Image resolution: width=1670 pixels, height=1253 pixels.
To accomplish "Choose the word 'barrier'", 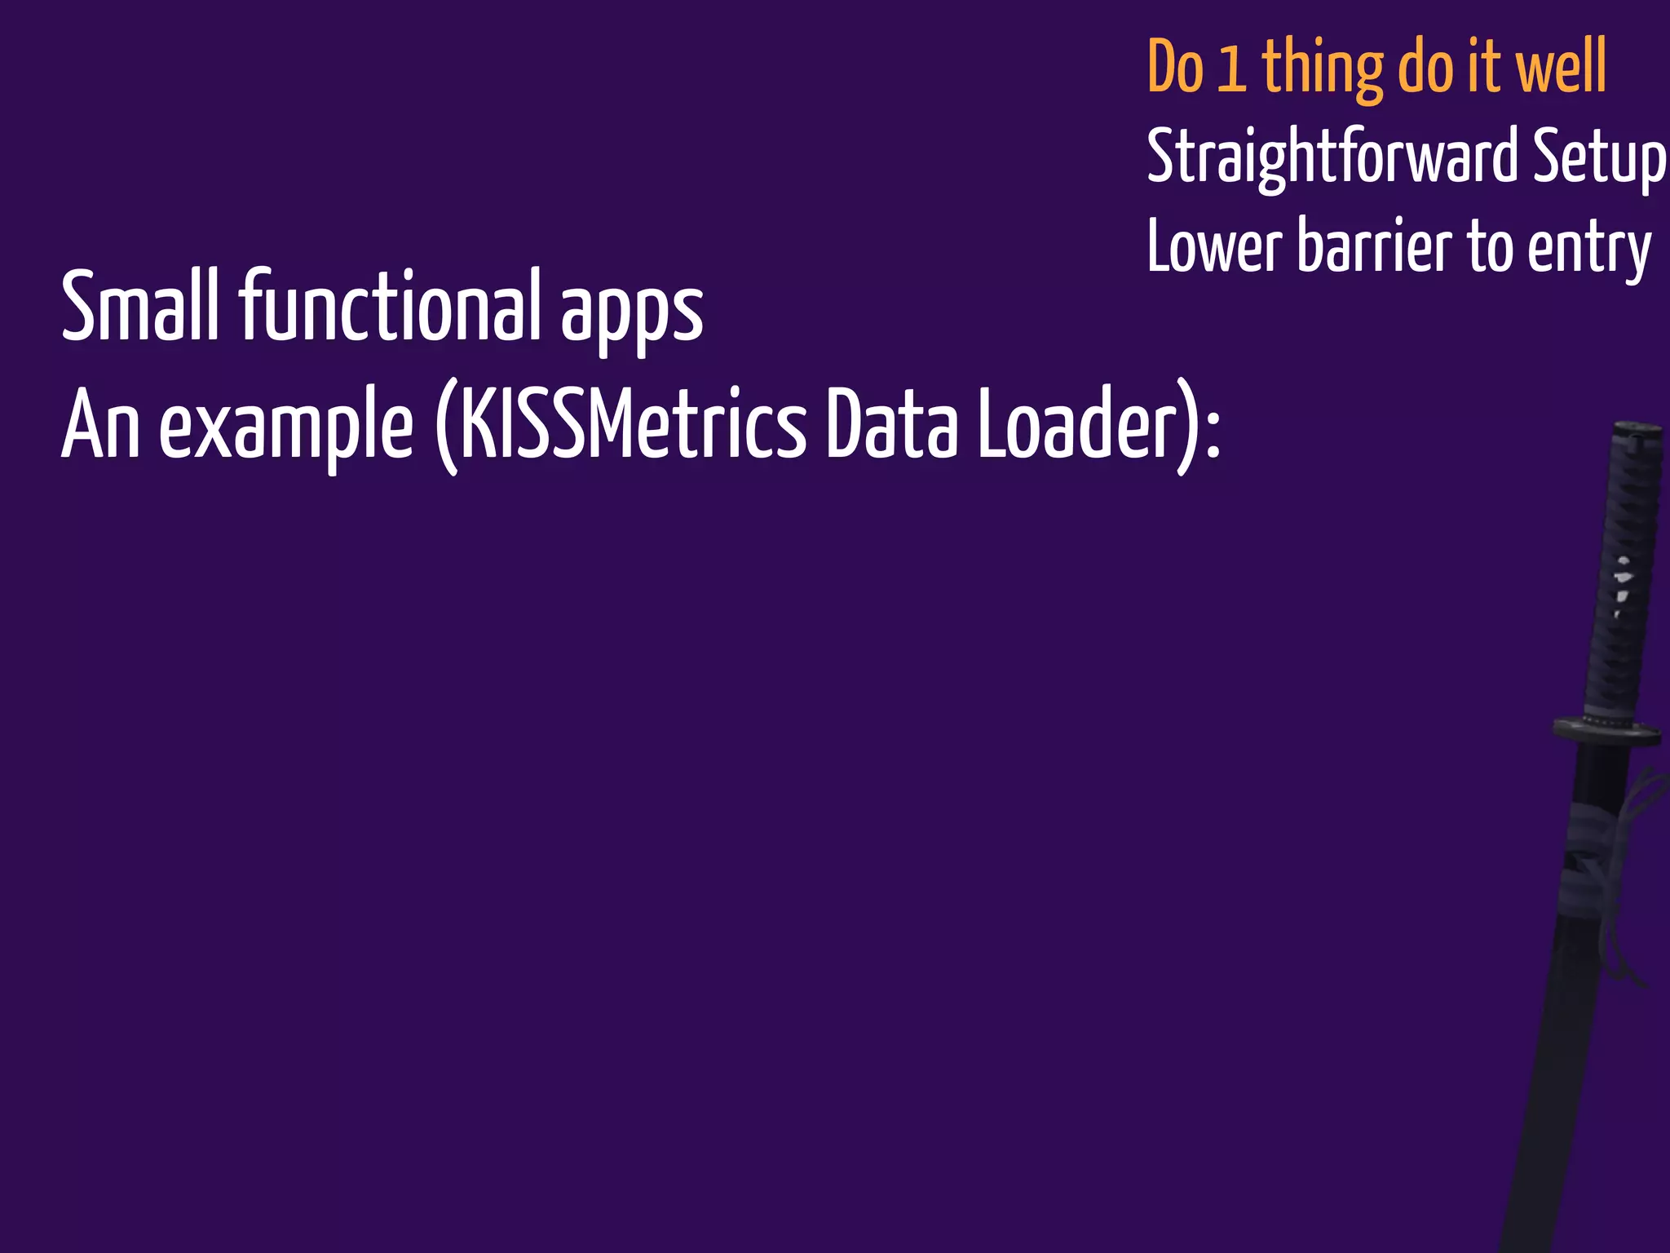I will pos(1375,247).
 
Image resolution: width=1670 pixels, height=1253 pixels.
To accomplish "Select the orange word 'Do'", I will pos(1175,69).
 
